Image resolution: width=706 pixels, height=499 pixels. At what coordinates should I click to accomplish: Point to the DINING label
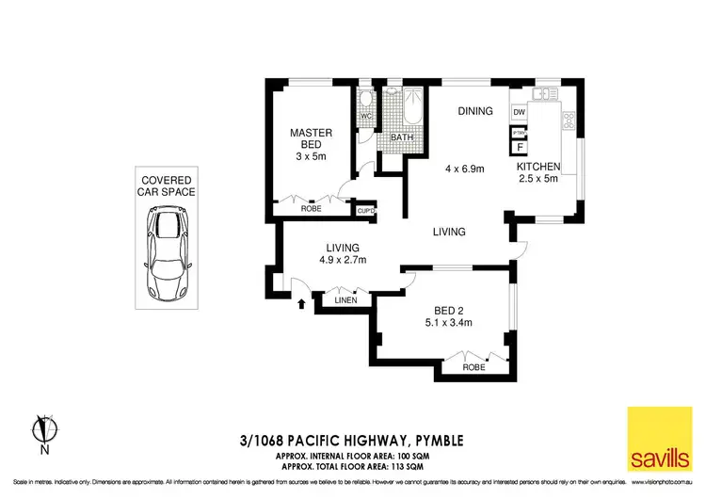pos(475,111)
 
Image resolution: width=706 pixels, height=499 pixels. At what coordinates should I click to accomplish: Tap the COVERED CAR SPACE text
pos(168,185)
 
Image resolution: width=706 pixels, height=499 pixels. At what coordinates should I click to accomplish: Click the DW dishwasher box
pos(519,113)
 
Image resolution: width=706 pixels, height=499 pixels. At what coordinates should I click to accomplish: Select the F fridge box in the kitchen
pos(519,147)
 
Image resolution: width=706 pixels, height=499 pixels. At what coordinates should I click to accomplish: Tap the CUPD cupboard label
pos(366,211)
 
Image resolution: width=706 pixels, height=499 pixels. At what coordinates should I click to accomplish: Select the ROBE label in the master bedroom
pos(311,209)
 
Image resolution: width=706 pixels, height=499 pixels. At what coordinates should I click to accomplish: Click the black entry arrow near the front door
pos(301,303)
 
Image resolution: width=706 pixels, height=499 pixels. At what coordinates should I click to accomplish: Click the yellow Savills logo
pos(658,439)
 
